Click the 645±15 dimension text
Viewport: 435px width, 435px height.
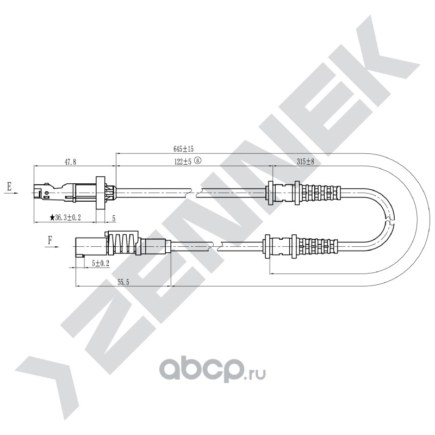(183, 149)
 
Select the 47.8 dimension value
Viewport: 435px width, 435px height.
(71, 162)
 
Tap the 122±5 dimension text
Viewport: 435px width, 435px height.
(183, 161)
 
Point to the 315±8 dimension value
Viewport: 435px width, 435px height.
(305, 161)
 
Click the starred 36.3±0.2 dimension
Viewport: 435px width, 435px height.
(65, 217)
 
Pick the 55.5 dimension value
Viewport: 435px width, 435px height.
(123, 282)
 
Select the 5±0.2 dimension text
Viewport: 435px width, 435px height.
(101, 264)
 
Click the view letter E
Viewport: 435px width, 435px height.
(9, 186)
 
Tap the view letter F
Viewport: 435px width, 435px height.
(50, 240)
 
